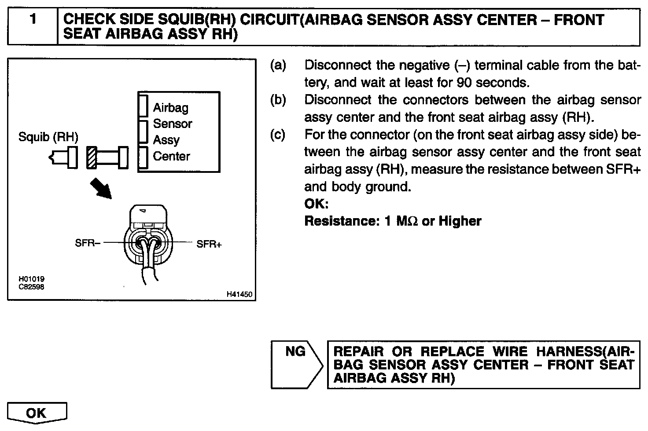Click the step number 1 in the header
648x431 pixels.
point(33,20)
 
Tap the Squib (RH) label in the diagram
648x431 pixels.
point(48,137)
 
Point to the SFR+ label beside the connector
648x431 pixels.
point(209,244)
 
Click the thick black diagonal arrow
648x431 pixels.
point(101,188)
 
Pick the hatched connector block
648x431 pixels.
point(92,157)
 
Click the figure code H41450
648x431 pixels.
point(239,294)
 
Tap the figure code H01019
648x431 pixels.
point(31,279)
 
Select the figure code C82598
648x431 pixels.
point(31,287)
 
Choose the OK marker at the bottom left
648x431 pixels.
point(37,413)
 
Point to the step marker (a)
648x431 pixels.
point(278,66)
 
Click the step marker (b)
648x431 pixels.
point(278,100)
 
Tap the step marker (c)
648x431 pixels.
point(278,135)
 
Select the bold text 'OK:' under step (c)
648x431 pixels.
point(317,204)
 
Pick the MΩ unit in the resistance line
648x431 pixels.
point(408,221)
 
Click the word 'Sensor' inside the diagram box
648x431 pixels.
point(173,124)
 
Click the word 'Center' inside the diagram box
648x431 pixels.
point(171,156)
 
